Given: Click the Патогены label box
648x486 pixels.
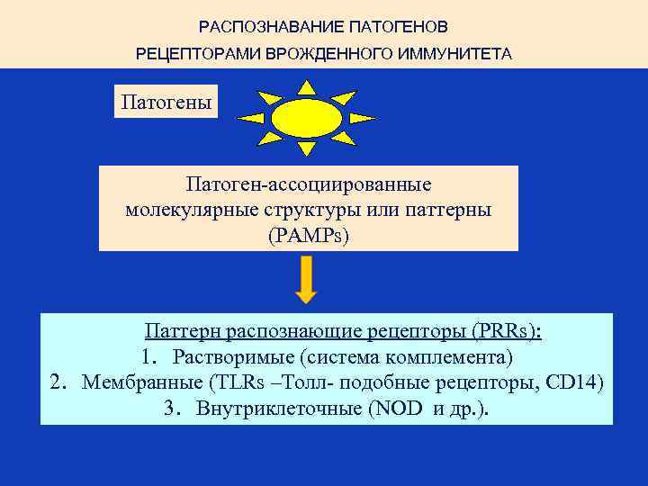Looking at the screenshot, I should point(167,101).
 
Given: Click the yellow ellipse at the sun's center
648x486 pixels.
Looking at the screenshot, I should point(307,118).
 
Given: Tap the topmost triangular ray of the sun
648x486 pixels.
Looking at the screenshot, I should point(307,87).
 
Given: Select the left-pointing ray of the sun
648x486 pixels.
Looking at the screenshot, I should point(253,118).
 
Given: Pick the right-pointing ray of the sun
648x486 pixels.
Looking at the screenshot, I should point(361,118).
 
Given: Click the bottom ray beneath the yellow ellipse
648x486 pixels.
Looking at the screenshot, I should point(307,149).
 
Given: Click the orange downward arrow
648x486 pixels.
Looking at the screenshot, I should point(307,279).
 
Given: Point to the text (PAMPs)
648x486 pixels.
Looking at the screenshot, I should point(308,235).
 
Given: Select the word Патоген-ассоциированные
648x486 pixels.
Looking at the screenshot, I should point(308,184).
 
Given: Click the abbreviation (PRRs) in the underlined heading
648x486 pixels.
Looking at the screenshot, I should point(504,331).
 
